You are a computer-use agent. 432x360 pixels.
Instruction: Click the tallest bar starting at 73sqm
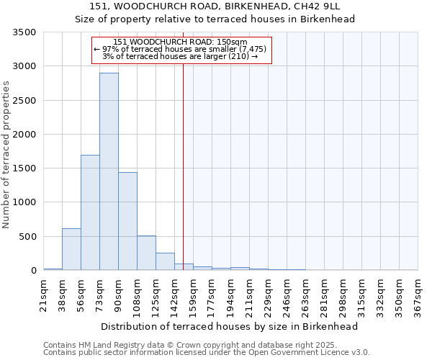[x=109, y=171]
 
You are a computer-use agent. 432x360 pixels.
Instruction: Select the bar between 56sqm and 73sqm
[x=90, y=212]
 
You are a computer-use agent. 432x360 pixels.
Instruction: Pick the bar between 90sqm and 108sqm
[x=127, y=221]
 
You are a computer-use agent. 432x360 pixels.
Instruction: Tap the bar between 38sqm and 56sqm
[x=71, y=249]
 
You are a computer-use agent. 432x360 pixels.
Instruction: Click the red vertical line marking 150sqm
[x=183, y=158]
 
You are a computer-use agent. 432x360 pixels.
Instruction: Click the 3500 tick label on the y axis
[x=24, y=33]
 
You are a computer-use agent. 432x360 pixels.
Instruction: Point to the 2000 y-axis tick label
[x=24, y=135]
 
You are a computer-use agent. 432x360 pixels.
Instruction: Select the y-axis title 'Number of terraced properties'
[x=6, y=155]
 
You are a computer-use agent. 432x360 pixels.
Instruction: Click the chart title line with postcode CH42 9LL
[x=215, y=6]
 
